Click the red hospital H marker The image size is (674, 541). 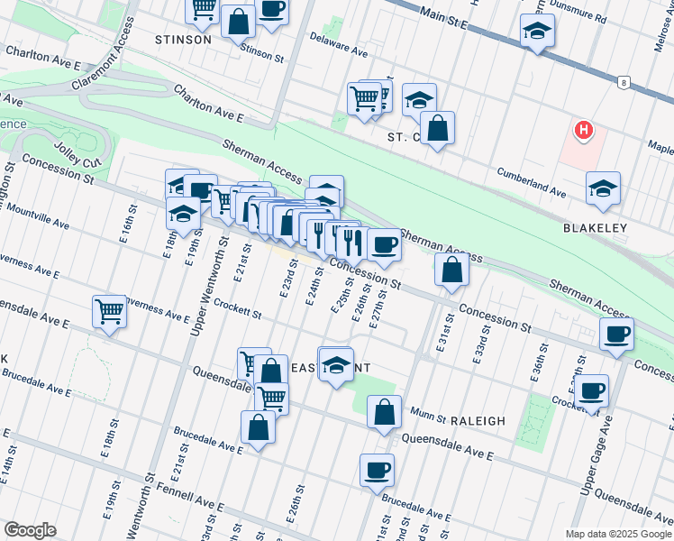coord(584,132)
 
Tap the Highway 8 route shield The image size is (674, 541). coord(622,83)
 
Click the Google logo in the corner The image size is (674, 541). coord(30,530)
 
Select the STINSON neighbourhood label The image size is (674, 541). coord(183,40)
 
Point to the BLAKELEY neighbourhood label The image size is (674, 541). coord(595,229)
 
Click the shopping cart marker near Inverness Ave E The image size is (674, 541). coord(109,311)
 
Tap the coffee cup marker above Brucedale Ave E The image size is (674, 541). coord(377,469)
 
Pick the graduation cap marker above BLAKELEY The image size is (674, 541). coord(603,188)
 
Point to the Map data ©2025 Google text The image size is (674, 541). coord(617,534)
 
